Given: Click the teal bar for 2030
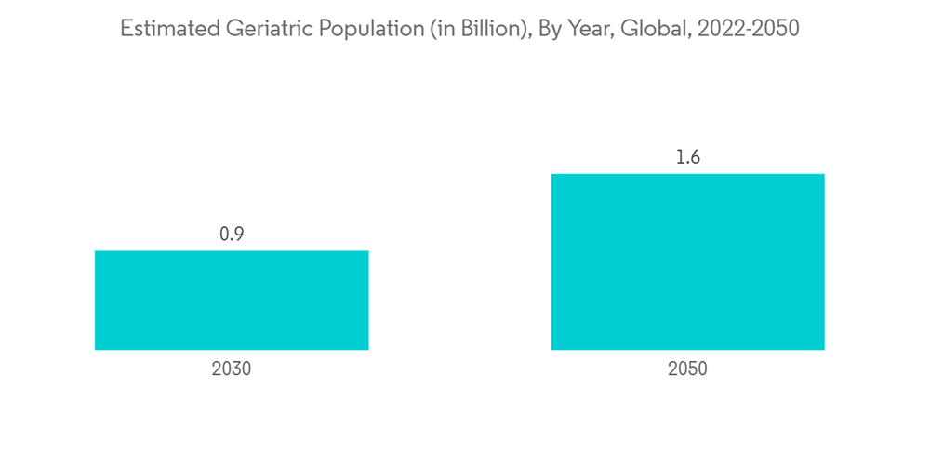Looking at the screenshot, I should point(232,300).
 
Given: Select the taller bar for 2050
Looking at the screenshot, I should point(687,261).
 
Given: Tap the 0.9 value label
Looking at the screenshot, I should point(232,234).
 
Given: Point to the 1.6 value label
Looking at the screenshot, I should point(687,157).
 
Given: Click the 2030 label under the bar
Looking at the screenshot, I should point(232,369).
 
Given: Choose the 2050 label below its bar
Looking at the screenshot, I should point(687,369).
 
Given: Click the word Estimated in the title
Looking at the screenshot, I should point(169,29).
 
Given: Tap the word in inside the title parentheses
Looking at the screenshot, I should point(435,29).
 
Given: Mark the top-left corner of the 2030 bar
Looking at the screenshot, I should point(95,251).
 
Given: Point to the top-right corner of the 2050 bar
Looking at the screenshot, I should point(824,174).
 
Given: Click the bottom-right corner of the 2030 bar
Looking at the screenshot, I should point(368,350).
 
